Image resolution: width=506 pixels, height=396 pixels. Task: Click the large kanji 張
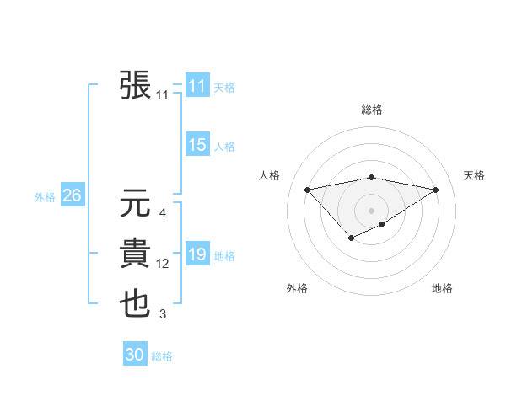[x=136, y=84]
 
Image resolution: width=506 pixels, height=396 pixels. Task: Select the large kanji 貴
[x=136, y=254]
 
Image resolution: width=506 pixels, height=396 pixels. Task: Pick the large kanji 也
[x=136, y=304]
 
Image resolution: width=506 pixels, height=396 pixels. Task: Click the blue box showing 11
[x=197, y=86]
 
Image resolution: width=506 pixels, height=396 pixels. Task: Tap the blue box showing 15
[x=197, y=145]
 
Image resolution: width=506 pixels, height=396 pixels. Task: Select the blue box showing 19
[x=197, y=254]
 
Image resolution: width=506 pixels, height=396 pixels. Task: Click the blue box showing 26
[x=72, y=195]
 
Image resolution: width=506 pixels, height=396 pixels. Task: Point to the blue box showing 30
[x=135, y=355]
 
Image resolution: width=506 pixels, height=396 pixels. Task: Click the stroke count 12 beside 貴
[x=163, y=265]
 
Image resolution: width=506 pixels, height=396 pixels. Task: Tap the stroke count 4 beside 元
[x=163, y=213]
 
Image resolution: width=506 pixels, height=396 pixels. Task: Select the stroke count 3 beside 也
[x=163, y=315]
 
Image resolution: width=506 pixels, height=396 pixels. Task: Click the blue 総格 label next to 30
[x=162, y=356]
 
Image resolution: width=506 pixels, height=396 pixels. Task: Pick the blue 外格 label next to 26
[x=45, y=197]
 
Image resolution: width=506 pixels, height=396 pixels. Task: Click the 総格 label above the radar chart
[x=372, y=110]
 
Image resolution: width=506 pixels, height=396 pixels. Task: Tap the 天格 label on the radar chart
[x=475, y=175]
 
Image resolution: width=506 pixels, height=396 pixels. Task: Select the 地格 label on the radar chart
[x=442, y=288]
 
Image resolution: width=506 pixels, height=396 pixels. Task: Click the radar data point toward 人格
[x=307, y=189]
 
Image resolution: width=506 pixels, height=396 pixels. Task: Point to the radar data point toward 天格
[x=436, y=190]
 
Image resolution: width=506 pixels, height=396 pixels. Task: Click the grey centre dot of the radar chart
[x=372, y=210]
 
